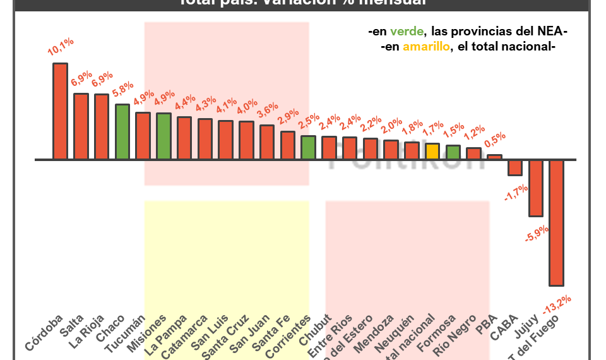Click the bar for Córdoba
click(60, 111)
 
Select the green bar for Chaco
click(122, 131)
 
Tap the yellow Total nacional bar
click(432, 152)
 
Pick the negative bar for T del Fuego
click(555, 222)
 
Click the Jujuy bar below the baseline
click(535, 188)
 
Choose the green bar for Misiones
click(163, 136)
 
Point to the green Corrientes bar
click(308, 147)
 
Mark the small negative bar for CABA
click(515, 167)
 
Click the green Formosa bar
click(453, 152)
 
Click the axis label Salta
click(73, 323)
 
